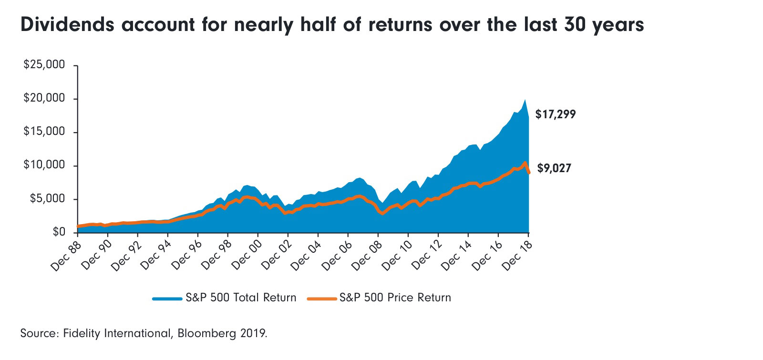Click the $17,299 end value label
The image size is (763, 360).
pos(556,114)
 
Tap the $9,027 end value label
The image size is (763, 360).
pos(554,168)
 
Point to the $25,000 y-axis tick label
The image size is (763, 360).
pos(44,65)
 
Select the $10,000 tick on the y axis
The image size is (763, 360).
pos(44,165)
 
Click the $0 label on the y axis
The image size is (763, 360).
pos(59,232)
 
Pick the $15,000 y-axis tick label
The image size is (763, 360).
pos(44,132)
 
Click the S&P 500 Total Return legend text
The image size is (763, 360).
pos(241,298)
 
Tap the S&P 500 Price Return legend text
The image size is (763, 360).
pos(395,298)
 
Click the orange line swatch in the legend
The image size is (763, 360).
pos(322,298)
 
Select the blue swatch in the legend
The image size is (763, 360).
pos(167,298)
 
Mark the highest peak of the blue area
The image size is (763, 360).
pos(525,100)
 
